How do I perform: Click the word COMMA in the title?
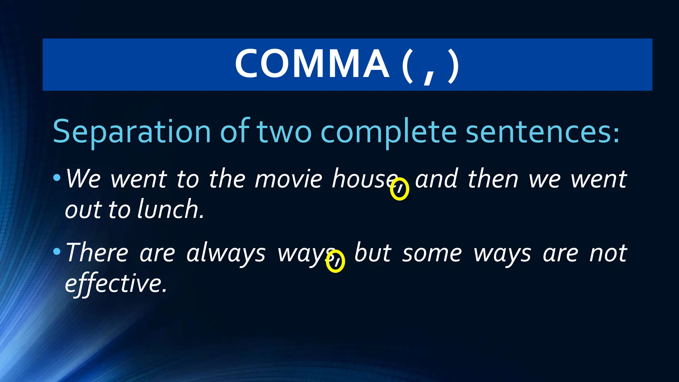312,64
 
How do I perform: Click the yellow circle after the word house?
400,189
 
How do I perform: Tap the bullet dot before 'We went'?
57,178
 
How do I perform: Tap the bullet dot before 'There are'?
57,252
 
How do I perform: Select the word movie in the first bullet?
288,179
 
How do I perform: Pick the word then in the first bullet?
493,179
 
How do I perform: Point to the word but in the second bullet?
373,253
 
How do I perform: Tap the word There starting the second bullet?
97,253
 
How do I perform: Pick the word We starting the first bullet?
83,179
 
